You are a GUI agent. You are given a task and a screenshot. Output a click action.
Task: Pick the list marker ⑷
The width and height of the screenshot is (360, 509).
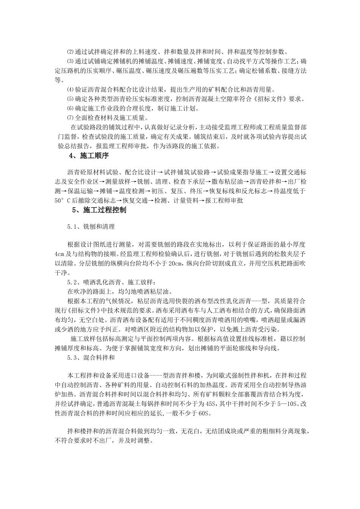69,90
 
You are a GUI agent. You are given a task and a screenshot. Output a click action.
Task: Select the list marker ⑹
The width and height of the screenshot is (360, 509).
69,109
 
